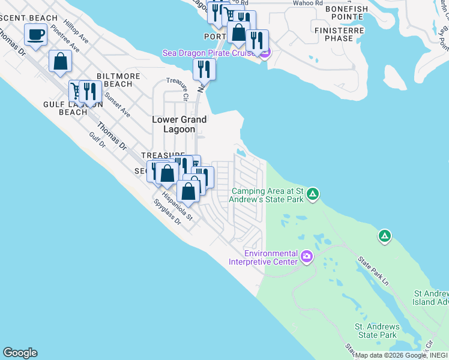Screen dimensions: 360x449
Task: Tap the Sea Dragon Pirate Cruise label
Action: (210, 53)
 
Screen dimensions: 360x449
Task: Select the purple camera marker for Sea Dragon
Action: (265, 53)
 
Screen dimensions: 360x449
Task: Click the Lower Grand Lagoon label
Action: (179, 124)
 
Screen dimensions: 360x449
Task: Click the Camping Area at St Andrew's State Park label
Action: (267, 195)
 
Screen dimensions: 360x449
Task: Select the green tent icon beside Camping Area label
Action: (312, 194)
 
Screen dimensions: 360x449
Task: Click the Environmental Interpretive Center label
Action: (263, 257)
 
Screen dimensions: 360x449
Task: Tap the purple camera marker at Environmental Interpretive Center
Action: (307, 257)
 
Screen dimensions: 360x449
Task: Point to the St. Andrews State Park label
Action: (376, 331)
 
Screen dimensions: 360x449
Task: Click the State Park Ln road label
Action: (373, 271)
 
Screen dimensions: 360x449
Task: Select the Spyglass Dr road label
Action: (167, 213)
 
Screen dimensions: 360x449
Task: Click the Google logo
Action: (20, 353)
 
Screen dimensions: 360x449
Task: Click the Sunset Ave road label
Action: (117, 104)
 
